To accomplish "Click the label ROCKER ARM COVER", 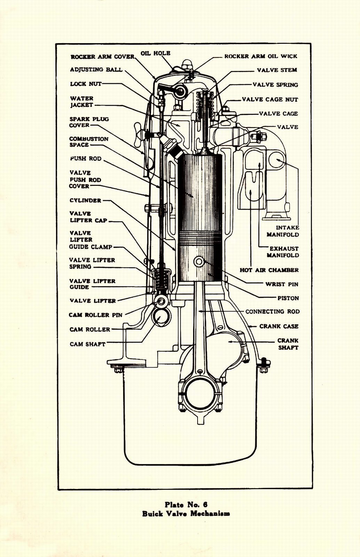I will tap(102, 57).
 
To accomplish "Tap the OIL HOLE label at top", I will tap(155, 53).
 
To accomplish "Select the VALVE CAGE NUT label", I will tap(270, 100).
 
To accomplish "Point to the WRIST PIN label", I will tap(282, 284).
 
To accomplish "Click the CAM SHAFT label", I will tap(87, 344).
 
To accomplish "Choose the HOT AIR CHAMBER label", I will tap(269, 270).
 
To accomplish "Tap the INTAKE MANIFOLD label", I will tap(283, 231).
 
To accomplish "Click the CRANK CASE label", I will tap(279, 327).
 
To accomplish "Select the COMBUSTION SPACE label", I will tap(89, 142).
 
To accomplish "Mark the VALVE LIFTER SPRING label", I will tap(92, 264).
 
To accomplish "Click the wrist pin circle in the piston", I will tap(199, 261).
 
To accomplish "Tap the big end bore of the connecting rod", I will tap(200, 393).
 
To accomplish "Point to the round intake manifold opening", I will tap(277, 160).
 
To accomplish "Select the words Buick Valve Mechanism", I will tap(186, 513).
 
